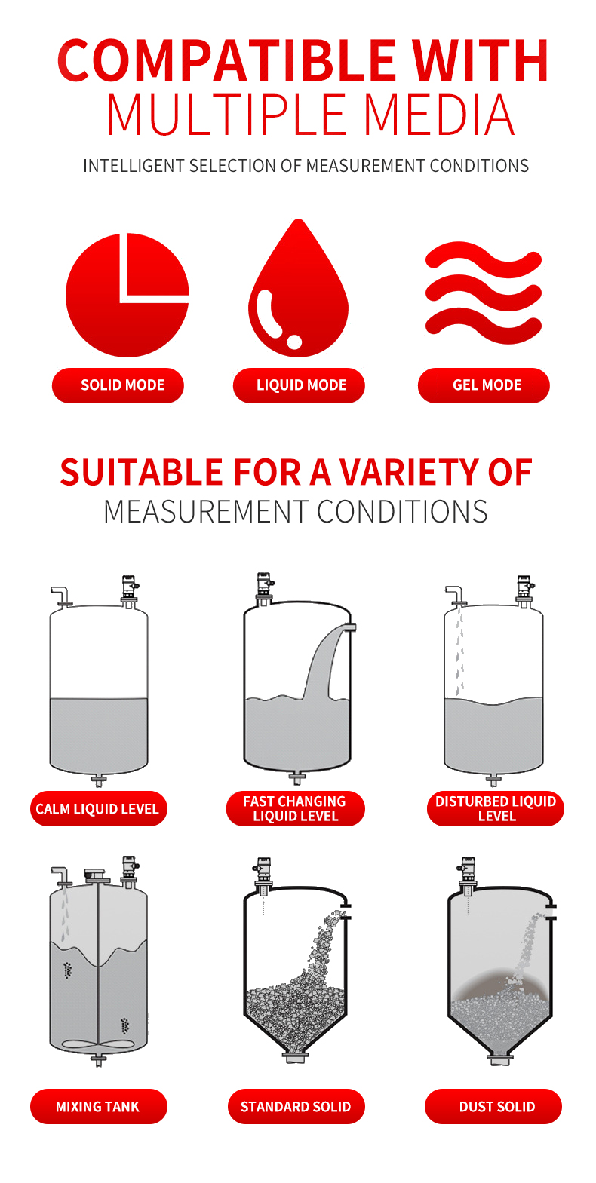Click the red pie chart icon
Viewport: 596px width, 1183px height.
coord(125,296)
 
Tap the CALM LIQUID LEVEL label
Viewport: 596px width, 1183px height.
coord(98,809)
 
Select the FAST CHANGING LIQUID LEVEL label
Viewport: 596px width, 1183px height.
coord(296,809)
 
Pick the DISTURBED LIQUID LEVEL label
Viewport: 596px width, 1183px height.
coord(496,809)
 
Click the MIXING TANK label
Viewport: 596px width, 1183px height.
coord(98,1107)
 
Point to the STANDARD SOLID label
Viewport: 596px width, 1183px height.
coord(296,1107)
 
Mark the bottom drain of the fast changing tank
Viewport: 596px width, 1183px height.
coord(297,777)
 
